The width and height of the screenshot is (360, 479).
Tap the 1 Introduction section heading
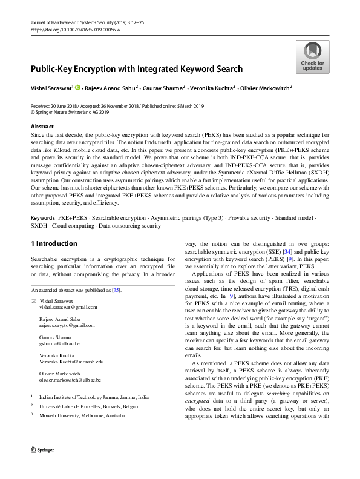tap(54, 243)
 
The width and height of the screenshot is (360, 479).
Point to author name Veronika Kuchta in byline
tap(210, 88)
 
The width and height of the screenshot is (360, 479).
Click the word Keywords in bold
tap(44, 217)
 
